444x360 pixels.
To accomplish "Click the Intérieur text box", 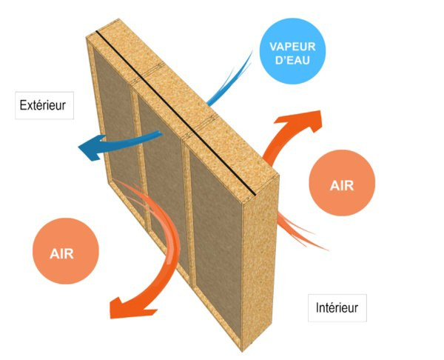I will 337,306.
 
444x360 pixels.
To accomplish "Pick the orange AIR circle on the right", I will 343,184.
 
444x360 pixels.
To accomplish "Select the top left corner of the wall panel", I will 89,37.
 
